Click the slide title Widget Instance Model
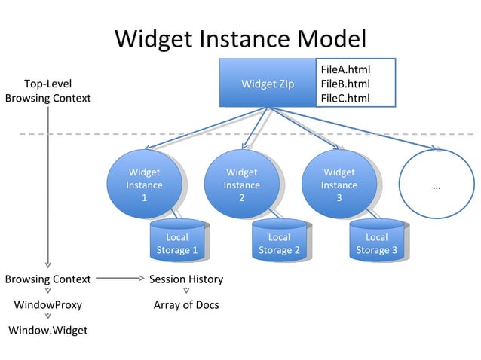(x=240, y=38)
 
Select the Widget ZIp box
(x=268, y=83)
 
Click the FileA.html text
(x=345, y=69)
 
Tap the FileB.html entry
(x=345, y=84)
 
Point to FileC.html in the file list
(x=345, y=98)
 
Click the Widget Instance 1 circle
(x=143, y=184)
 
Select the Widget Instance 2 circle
(x=241, y=184)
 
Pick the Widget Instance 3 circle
(x=339, y=184)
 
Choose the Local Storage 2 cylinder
(x=279, y=243)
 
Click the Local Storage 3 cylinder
(x=376, y=243)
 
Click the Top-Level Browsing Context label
(x=47, y=90)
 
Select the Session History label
(x=186, y=279)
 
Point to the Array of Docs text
(x=186, y=305)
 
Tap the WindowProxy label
(x=48, y=305)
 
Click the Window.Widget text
(x=48, y=330)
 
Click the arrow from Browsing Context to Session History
(x=119, y=279)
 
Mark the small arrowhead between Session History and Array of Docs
(x=186, y=291)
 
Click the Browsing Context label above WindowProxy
(x=48, y=279)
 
